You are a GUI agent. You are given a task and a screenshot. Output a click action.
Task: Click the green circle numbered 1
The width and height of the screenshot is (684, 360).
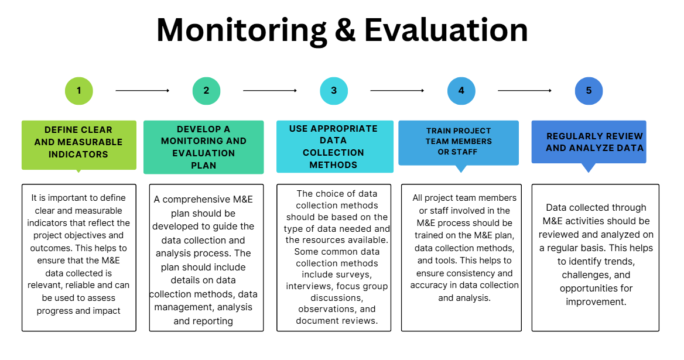click(x=79, y=91)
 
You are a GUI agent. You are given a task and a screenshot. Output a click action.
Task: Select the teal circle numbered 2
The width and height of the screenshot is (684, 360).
click(x=206, y=91)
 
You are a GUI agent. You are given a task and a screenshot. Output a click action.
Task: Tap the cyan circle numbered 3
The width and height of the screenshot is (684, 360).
click(x=334, y=91)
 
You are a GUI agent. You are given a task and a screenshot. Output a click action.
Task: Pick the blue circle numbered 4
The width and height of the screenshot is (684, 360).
click(x=461, y=91)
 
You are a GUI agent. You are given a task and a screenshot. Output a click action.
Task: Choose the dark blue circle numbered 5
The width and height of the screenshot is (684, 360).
click(x=589, y=91)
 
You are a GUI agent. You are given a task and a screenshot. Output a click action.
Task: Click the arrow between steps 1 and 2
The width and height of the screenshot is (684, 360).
click(x=142, y=91)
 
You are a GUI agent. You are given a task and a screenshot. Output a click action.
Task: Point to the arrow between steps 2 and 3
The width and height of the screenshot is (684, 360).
click(x=270, y=91)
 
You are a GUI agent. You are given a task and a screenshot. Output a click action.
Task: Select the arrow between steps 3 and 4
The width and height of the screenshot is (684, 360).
click(x=398, y=91)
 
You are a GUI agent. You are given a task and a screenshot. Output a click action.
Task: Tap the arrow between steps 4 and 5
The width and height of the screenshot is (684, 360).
click(x=525, y=91)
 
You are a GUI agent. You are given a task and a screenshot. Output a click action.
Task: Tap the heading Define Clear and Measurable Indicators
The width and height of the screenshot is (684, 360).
click(x=78, y=142)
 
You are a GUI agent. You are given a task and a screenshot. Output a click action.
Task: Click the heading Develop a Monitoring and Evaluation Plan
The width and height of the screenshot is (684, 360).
click(x=203, y=147)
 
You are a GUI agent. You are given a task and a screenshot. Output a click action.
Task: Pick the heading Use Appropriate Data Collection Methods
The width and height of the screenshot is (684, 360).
click(x=333, y=146)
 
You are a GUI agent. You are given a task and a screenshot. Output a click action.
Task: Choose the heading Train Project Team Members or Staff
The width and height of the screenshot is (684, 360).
click(x=459, y=142)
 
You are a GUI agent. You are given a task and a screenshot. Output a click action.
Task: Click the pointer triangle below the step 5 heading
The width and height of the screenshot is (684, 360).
click(x=589, y=167)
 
